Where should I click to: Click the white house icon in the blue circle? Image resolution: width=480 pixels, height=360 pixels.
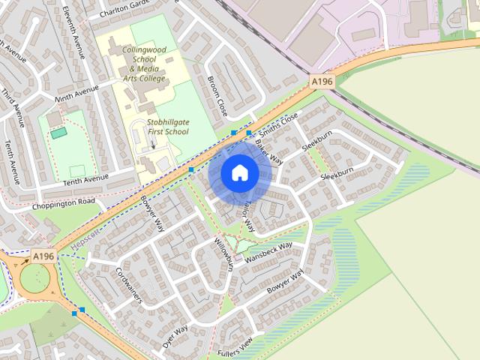pyautogui.click(x=239, y=172)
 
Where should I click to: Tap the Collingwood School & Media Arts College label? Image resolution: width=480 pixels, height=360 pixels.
pyautogui.click(x=145, y=64)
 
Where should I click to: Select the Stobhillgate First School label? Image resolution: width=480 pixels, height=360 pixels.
pyautogui.click(x=157, y=125)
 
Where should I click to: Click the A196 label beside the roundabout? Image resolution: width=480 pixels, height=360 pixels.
pyautogui.click(x=43, y=256)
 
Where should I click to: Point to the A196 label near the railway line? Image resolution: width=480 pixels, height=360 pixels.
pyautogui.click(x=322, y=81)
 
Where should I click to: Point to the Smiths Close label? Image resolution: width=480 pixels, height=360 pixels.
pyautogui.click(x=279, y=122)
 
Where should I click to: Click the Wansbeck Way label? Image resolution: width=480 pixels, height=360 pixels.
pyautogui.click(x=268, y=250)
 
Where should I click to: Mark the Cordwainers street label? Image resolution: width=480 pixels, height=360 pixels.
pyautogui.click(x=128, y=284)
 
